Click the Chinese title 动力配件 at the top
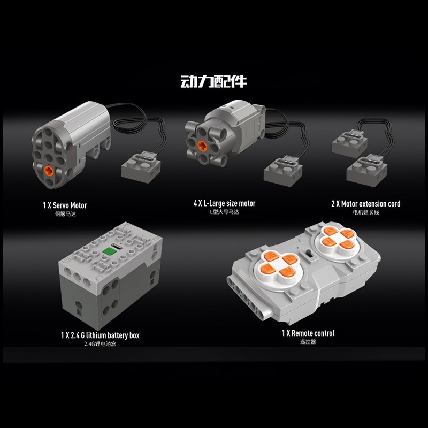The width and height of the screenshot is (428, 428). [213, 81]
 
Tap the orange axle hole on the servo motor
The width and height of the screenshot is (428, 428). [49, 170]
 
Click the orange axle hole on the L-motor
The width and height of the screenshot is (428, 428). [202, 146]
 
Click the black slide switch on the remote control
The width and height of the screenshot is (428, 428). [309, 254]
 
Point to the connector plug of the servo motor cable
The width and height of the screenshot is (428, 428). [141, 167]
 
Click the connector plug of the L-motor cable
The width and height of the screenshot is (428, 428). [283, 171]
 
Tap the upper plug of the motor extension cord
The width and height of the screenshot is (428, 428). [349, 143]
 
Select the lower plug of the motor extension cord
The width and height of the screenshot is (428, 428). [366, 171]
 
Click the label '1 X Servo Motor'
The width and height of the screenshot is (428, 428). [65, 205]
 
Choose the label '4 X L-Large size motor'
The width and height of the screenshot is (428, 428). [224, 203]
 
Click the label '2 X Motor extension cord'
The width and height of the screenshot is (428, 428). [366, 204]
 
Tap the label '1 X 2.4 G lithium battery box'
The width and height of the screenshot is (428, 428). [100, 335]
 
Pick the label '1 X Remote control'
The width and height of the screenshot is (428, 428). [308, 333]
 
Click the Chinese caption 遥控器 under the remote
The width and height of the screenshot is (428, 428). [308, 342]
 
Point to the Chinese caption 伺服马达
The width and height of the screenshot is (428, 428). [65, 214]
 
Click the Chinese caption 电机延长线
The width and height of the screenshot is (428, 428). [366, 212]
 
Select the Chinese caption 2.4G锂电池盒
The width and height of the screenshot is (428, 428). [100, 344]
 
